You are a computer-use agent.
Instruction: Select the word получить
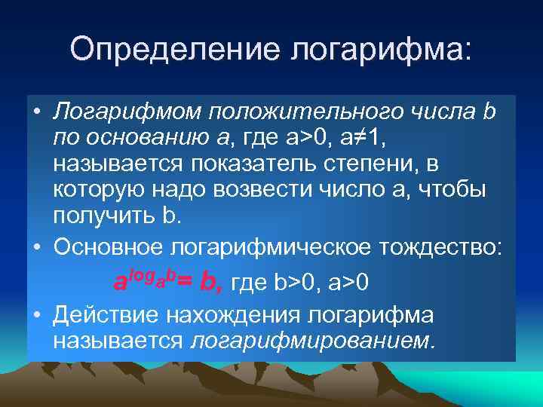[x=103, y=217]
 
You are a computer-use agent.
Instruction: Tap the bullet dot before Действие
[x=36, y=314]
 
